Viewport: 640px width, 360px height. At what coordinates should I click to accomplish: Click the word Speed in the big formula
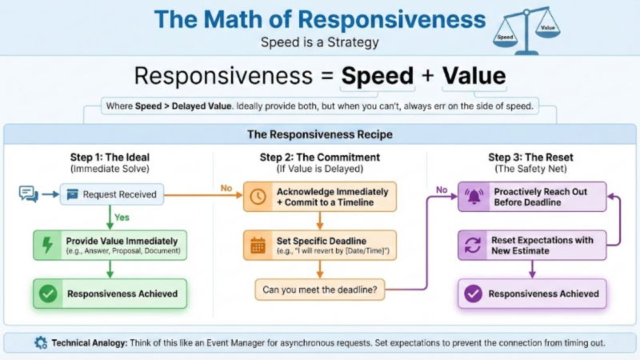(378, 76)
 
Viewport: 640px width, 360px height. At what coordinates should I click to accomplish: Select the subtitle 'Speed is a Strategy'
(319, 42)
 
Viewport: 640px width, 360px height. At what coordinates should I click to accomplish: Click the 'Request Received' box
(111, 194)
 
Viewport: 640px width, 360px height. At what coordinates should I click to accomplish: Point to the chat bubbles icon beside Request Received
(29, 194)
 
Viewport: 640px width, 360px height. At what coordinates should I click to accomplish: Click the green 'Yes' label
(122, 216)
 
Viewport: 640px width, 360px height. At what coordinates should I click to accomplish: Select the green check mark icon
(48, 294)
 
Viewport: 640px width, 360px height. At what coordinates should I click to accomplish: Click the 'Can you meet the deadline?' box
(318, 288)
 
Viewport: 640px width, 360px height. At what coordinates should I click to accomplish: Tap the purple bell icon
(473, 197)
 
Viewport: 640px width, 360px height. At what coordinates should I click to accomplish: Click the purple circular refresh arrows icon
(473, 245)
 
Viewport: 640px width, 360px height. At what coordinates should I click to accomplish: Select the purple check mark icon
(473, 294)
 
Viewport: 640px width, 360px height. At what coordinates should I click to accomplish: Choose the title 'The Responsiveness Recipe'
(319, 134)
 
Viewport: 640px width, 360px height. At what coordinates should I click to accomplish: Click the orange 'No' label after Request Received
(228, 187)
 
